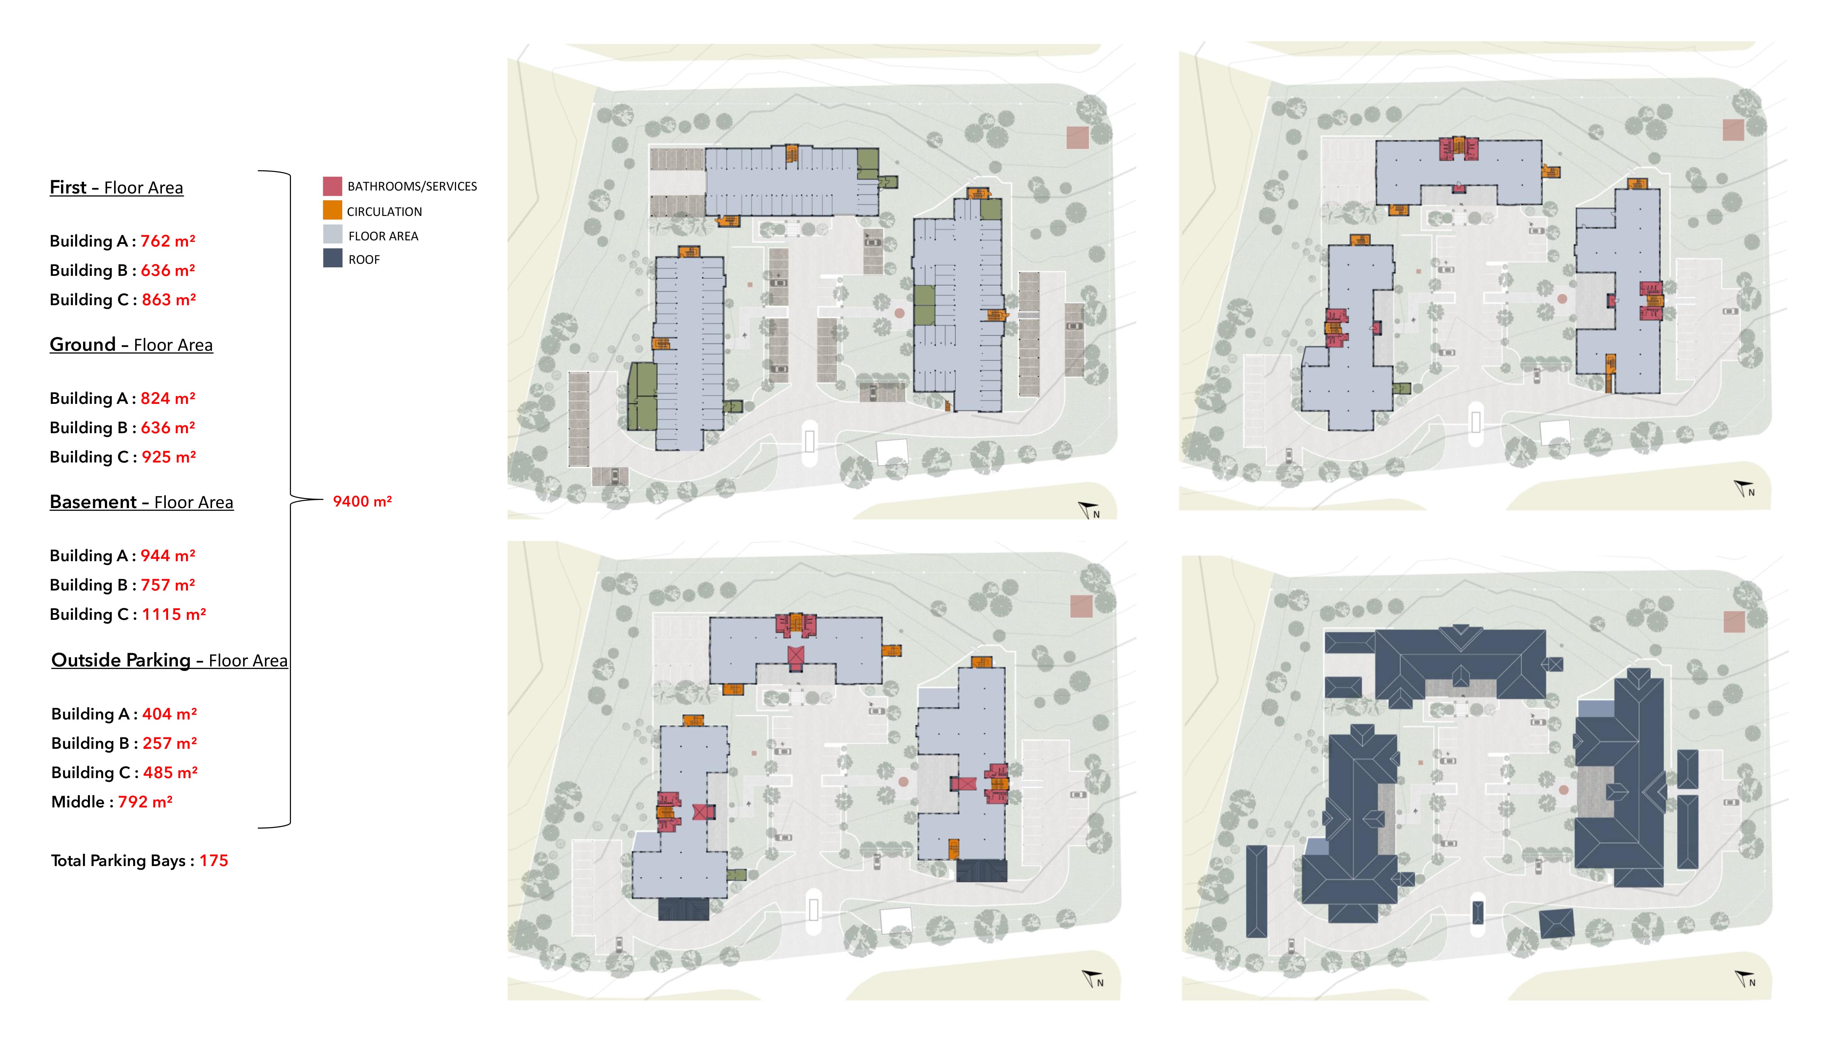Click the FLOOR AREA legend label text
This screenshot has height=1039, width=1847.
383,236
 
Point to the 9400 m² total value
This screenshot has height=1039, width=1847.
362,501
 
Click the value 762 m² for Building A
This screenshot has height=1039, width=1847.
168,241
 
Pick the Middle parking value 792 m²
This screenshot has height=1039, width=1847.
146,802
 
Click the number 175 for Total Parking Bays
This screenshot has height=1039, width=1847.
214,861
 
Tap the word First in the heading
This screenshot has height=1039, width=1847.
68,187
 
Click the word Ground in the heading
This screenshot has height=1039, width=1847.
82,344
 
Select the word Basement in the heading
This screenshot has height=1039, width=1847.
93,502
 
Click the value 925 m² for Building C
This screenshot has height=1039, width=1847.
168,457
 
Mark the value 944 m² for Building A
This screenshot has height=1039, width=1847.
168,556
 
